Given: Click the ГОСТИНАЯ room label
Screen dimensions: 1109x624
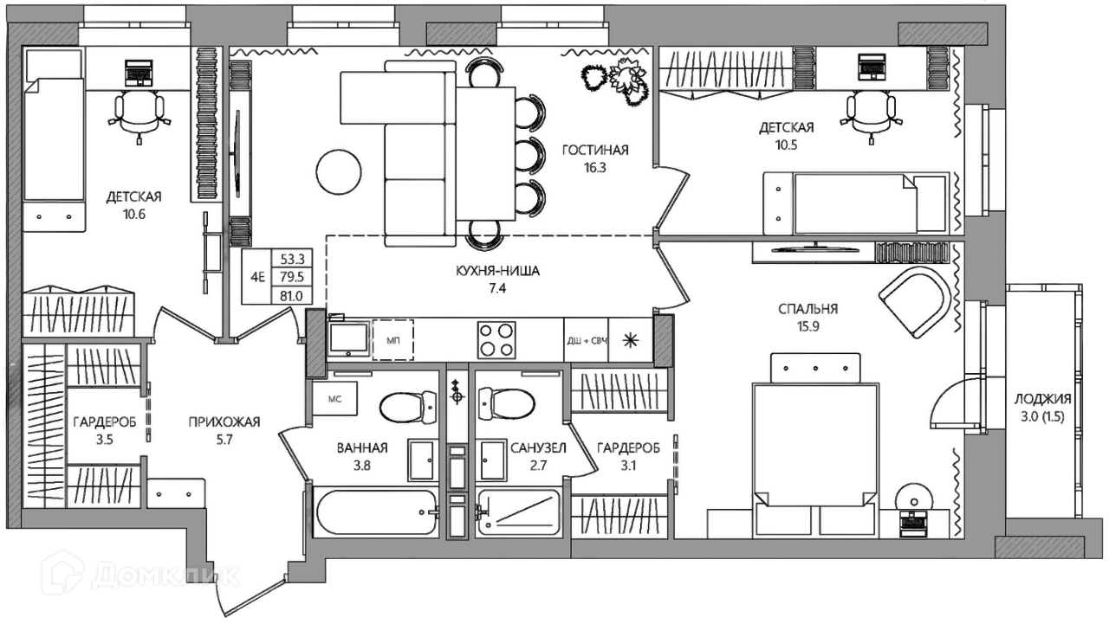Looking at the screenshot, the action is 595,150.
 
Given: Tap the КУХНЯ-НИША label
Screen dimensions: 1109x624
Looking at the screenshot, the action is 497,271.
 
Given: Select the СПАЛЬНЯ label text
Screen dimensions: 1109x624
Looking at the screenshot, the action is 808,309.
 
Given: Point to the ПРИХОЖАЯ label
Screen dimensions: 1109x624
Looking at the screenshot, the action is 224,421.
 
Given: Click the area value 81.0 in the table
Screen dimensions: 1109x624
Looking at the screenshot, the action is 292,296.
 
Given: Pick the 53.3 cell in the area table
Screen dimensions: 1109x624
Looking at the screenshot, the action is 292,259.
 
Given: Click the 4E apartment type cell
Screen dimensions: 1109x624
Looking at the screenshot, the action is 257,277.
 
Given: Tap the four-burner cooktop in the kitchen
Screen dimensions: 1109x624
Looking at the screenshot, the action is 496,339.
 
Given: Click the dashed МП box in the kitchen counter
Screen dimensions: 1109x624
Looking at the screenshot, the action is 393,339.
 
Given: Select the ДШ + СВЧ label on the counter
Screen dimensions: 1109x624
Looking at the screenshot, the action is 587,341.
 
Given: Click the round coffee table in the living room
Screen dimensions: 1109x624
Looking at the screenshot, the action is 339,172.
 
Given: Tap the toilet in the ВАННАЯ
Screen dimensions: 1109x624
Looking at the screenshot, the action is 408,407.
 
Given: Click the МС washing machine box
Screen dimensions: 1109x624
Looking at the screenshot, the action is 335,398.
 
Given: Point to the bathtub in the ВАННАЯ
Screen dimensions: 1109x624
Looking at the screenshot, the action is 377,512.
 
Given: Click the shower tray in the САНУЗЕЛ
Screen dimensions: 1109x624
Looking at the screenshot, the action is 518,513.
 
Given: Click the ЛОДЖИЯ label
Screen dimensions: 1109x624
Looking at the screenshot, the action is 1042,398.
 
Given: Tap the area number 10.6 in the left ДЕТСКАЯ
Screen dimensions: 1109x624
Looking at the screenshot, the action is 134,215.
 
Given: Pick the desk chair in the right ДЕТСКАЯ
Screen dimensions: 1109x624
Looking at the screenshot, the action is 871,114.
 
